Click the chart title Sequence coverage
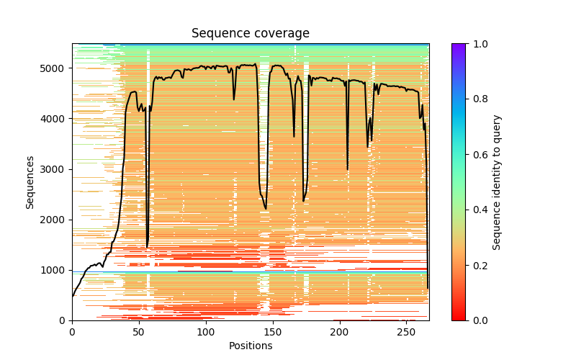251,34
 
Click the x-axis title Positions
251,346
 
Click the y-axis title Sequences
30,182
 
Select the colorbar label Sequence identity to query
497,182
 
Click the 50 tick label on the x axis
139,330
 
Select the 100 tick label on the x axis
206,330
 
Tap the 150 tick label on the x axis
273,330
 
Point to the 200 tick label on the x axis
340,330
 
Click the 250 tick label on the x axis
407,330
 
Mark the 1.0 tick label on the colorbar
478,44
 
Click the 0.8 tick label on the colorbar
478,99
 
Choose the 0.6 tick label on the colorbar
478,155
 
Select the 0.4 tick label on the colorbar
478,210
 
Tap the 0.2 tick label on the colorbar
478,265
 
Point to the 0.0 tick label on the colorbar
478,320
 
